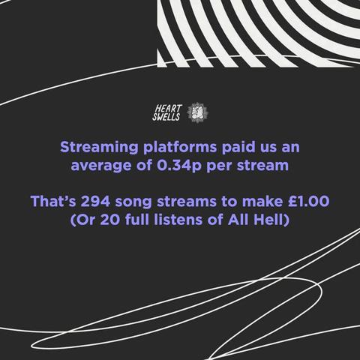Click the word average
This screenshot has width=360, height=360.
click(x=100, y=165)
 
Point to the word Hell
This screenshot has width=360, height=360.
click(x=269, y=222)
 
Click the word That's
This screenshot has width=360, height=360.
click(x=54, y=202)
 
